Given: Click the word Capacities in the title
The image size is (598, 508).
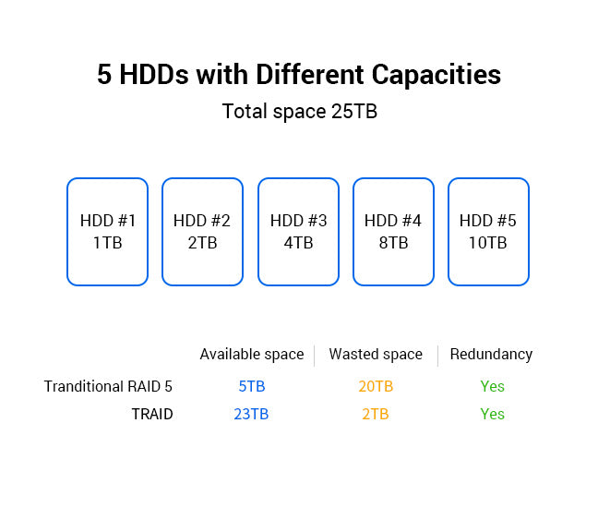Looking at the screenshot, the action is [x=436, y=75].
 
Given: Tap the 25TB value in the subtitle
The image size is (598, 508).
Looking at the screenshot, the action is [x=354, y=112].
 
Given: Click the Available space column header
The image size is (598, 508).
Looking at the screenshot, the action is [x=252, y=355].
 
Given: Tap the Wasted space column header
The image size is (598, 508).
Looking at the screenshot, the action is [x=376, y=355].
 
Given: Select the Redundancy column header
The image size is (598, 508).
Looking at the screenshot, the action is [x=491, y=355].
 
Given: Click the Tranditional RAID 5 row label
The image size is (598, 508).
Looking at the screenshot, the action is [x=108, y=386].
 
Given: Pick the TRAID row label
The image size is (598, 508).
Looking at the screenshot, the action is [x=152, y=414].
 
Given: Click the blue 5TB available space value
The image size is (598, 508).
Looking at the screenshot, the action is [x=252, y=386].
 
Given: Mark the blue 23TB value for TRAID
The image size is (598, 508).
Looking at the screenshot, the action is [x=251, y=414].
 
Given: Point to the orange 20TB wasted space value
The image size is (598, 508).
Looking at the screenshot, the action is [x=376, y=386].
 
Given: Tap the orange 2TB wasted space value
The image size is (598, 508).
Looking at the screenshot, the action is [x=376, y=414].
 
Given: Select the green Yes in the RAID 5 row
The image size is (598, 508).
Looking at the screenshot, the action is [x=493, y=386].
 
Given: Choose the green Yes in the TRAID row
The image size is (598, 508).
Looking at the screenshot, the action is [x=493, y=414].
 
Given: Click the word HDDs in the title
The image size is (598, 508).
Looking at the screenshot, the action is [x=154, y=75].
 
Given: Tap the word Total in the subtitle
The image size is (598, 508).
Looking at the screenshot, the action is [x=245, y=112].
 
